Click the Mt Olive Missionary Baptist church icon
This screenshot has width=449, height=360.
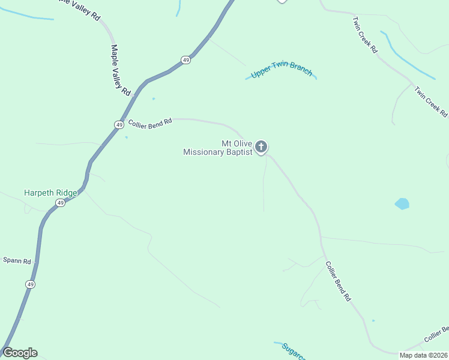(x=261, y=146)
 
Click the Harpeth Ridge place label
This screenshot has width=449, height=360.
(x=50, y=193)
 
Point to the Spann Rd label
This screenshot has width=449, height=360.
(x=17, y=260)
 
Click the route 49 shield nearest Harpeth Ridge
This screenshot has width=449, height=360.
(x=60, y=203)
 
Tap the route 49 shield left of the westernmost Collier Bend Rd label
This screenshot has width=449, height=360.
(x=119, y=124)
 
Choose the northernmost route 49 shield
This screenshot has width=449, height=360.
(x=186, y=60)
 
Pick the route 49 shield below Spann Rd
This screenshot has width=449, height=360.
(x=30, y=284)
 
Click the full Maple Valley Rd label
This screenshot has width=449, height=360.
(x=121, y=71)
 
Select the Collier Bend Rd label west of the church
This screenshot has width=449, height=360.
(x=150, y=122)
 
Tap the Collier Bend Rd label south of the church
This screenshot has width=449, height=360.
(x=337, y=280)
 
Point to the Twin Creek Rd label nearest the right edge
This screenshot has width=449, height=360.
(x=431, y=101)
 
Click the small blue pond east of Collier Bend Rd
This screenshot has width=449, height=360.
(x=402, y=203)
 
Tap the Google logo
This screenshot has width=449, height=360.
(x=20, y=353)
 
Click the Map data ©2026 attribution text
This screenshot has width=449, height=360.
(x=424, y=355)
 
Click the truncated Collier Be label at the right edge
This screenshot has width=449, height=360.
(x=436, y=335)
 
